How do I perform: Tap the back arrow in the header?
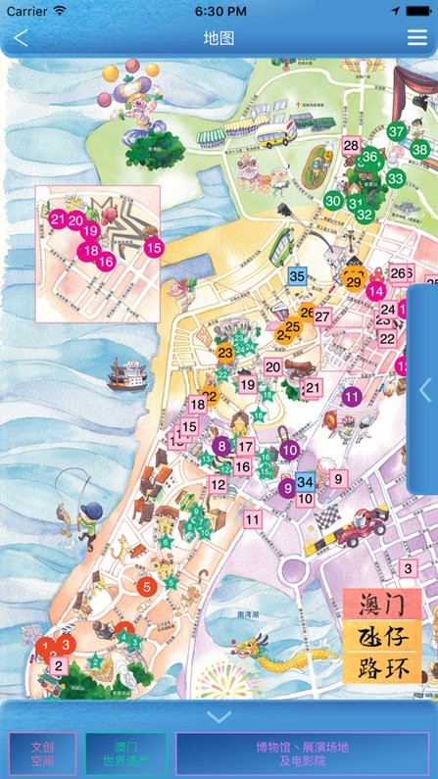[22, 38]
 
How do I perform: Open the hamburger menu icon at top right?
[416, 38]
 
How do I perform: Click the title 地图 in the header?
[219, 38]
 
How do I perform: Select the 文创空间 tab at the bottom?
[42, 754]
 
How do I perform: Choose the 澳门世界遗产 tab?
[125, 754]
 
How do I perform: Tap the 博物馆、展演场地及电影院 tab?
[302, 754]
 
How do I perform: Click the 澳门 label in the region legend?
[382, 604]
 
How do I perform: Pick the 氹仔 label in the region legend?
[382, 636]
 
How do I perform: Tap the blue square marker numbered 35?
[299, 276]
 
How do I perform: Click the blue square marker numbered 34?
[305, 482]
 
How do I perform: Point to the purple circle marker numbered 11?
[352, 397]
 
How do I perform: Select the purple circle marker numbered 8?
[222, 446]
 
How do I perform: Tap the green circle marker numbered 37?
[396, 131]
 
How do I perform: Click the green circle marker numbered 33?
[395, 178]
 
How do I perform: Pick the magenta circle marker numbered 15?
[153, 248]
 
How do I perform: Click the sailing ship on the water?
[126, 373]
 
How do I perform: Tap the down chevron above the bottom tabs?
[219, 716]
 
